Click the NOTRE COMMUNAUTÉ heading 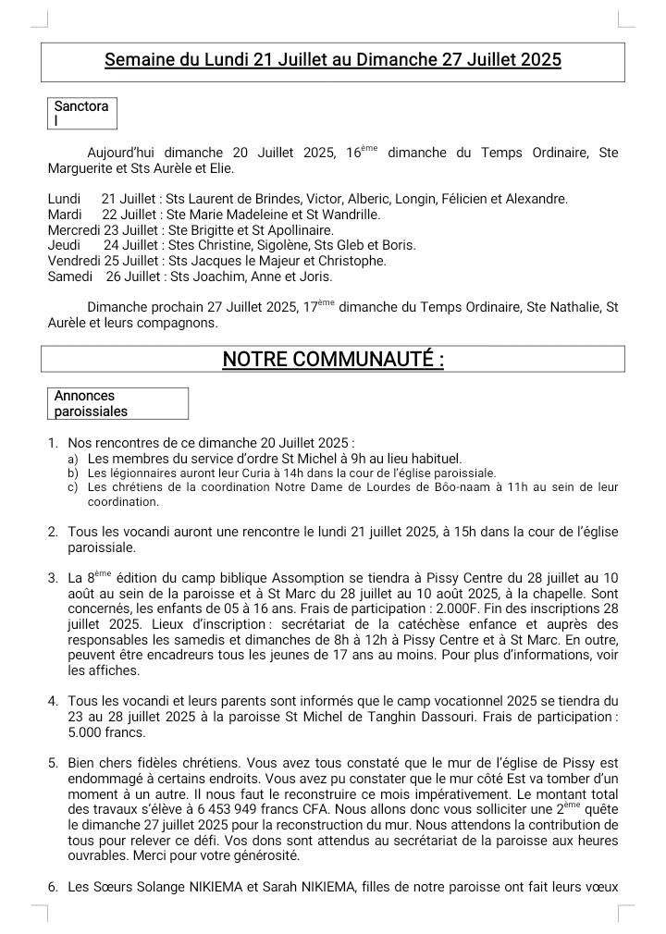click(333, 359)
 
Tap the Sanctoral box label click(81, 113)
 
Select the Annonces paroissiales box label click(91, 403)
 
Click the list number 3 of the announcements click(53, 578)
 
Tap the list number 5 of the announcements click(53, 763)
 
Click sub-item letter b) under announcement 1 click(73, 473)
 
